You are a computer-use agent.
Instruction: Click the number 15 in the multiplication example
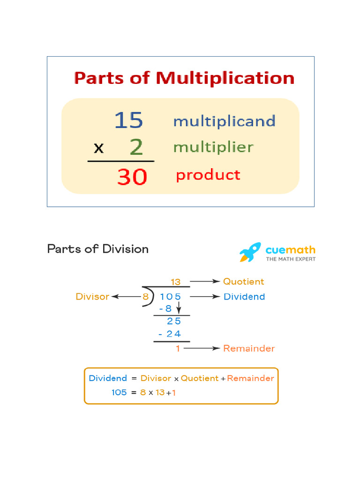pos(128,120)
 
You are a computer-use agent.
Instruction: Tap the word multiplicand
pos(224,121)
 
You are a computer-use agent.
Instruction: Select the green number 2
pos(136,147)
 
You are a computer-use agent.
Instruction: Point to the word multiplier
pos(213,147)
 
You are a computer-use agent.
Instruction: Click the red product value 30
pos(132,177)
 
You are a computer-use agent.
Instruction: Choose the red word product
pos(208,175)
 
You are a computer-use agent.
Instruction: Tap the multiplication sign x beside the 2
pos(98,148)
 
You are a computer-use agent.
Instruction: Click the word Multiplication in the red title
pos(225,78)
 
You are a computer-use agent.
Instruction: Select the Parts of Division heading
pos(97,249)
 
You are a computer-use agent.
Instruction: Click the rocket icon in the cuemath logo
pos(251,252)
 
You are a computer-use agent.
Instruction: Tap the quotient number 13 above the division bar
pos(176,282)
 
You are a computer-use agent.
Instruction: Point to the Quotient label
pos(243,282)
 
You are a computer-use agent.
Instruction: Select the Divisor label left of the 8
pos(92,297)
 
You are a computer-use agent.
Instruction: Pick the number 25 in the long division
pos(173,321)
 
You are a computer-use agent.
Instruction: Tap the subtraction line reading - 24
pos(169,334)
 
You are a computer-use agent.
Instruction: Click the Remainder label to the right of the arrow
pos(248,348)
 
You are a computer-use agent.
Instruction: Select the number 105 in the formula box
pos(119,392)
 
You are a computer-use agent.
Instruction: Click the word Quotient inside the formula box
pos(200,378)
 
